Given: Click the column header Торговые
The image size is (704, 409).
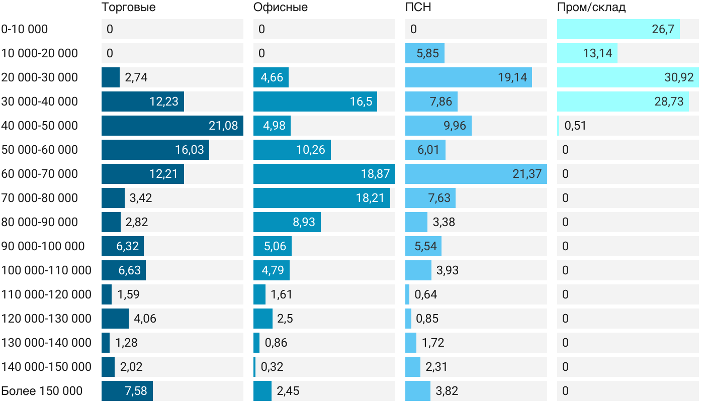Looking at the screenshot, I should (128, 8).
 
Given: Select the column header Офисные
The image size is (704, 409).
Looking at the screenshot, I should (280, 8).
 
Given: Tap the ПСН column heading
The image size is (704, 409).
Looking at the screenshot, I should (418, 8).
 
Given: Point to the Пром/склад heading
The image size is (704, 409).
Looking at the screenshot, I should (591, 8).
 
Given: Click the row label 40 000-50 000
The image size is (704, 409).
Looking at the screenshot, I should (40, 126).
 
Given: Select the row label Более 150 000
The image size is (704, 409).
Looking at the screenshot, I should (42, 391).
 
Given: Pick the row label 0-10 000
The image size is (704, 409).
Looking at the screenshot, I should (25, 29).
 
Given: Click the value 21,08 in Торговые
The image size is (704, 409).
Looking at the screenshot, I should (223, 126).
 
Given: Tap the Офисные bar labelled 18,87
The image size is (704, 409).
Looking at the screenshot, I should (324, 174).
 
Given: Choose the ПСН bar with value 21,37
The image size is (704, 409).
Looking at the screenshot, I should (476, 174).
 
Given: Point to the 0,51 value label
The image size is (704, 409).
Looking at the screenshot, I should (575, 126).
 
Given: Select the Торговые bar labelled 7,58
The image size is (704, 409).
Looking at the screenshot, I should (127, 391).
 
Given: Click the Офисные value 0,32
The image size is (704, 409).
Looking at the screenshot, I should (272, 367).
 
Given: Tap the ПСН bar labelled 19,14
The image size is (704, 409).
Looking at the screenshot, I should (468, 77).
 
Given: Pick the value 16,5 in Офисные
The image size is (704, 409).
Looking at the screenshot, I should (361, 101).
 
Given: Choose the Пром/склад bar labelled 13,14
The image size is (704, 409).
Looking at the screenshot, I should (587, 53).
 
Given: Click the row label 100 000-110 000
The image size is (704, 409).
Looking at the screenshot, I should (46, 270).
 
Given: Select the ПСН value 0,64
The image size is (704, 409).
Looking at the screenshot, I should (425, 294).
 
